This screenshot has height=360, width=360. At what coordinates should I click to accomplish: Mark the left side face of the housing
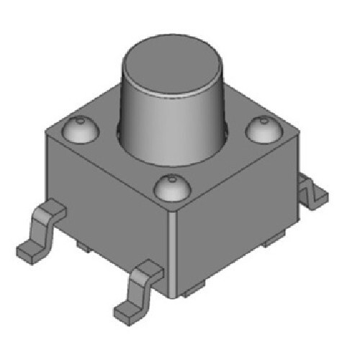(x=108, y=209)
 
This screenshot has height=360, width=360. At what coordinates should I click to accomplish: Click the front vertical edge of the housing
(x=175, y=252)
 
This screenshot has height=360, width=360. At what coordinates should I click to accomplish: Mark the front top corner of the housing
(x=174, y=207)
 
